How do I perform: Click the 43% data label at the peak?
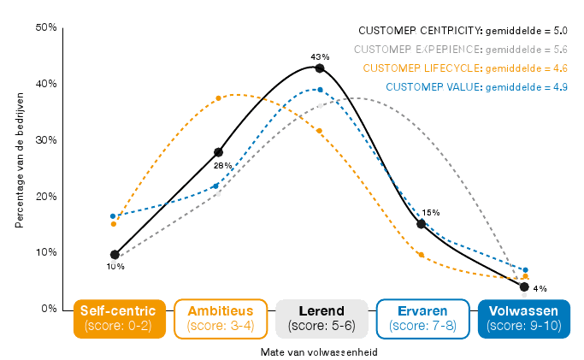[320, 56]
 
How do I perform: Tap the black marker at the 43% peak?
[319, 68]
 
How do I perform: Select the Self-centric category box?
[119, 318]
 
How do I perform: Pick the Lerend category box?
[321, 318]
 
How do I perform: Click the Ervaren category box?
[422, 318]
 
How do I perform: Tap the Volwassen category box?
[523, 318]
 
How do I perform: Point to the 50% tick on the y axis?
[46, 27]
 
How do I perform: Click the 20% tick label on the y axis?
[46, 197]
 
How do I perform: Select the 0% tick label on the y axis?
[49, 309]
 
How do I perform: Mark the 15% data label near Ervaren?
[431, 213]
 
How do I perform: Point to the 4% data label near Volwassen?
[540, 288]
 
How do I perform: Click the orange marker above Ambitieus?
[219, 98]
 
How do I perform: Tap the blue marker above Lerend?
[320, 89]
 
